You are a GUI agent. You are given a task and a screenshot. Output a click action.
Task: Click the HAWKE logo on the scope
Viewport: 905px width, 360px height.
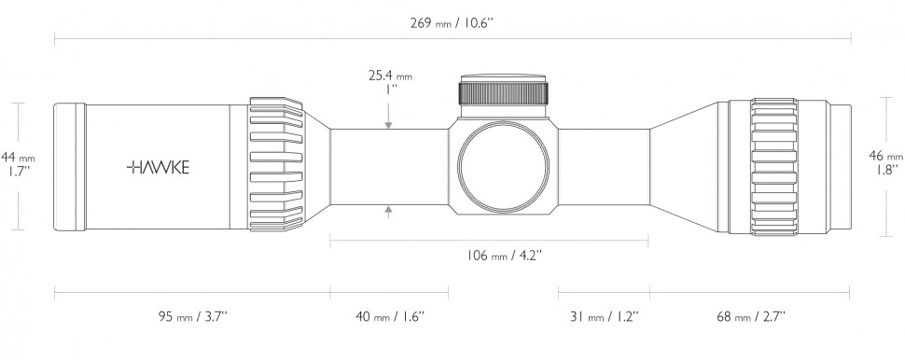coord(158,167)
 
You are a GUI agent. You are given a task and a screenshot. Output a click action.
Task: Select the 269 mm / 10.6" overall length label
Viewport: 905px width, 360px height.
coord(452,23)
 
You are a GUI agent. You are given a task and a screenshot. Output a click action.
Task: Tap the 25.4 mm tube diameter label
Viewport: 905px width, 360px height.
coord(390,76)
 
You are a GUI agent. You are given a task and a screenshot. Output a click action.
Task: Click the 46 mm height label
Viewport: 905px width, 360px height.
coord(886,155)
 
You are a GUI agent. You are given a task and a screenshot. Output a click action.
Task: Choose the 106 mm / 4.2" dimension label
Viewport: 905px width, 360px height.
coord(503,255)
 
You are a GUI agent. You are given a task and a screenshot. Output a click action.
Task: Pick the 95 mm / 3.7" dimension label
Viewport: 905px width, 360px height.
coord(196,316)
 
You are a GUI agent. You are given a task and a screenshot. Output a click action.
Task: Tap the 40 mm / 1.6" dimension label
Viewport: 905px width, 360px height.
coord(390,316)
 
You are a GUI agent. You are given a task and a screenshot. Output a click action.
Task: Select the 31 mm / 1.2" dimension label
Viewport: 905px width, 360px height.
coord(605,316)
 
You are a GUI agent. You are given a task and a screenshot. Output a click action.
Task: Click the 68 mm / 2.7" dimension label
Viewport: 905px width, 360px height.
coord(751,316)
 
